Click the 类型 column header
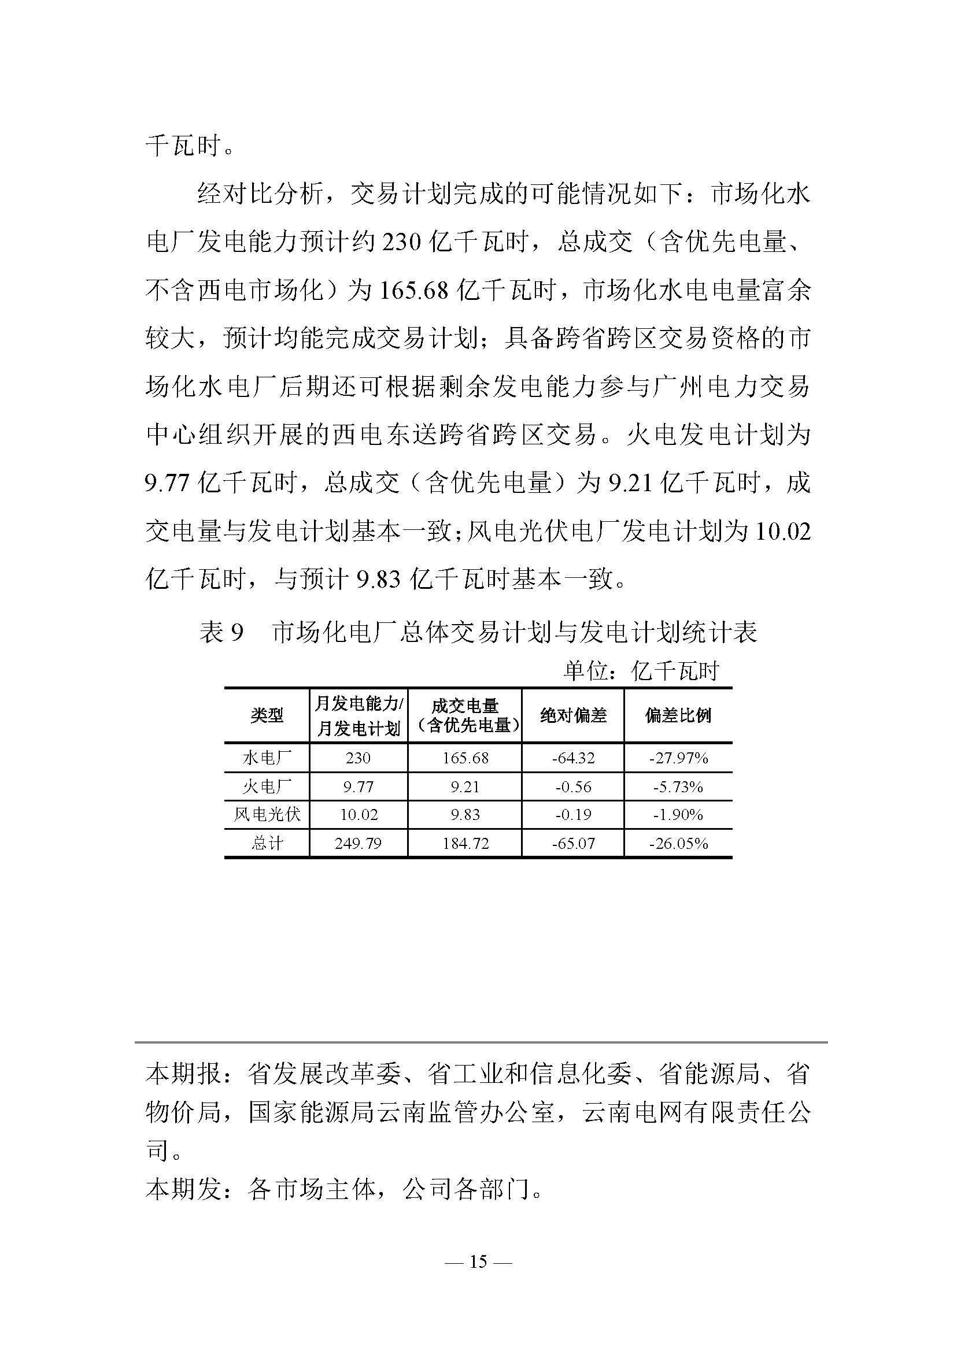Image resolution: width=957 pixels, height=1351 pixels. tap(267, 715)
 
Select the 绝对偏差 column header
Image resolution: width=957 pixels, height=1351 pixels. tap(573, 715)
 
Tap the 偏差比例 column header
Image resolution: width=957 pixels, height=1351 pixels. tap(678, 715)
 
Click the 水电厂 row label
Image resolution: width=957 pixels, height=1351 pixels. tap(267, 758)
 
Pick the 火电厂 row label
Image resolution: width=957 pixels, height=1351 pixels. tap(267, 787)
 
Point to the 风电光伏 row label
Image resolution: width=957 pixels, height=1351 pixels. tap(267, 815)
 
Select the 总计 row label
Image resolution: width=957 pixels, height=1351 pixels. tap(267, 843)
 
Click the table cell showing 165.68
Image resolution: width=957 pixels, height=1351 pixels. tap(465, 758)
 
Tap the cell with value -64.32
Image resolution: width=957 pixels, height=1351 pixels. tap(573, 758)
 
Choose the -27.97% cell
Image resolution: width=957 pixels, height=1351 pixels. tap(678, 758)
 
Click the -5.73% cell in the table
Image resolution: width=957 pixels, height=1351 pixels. tap(678, 787)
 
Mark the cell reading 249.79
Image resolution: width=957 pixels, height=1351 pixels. tap(359, 843)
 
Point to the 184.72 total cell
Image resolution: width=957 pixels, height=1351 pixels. tap(465, 843)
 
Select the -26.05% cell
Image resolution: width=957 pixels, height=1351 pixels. tap(678, 843)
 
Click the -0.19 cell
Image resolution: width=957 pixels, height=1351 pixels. tap(573, 815)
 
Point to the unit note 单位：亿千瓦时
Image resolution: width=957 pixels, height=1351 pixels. tap(641, 671)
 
